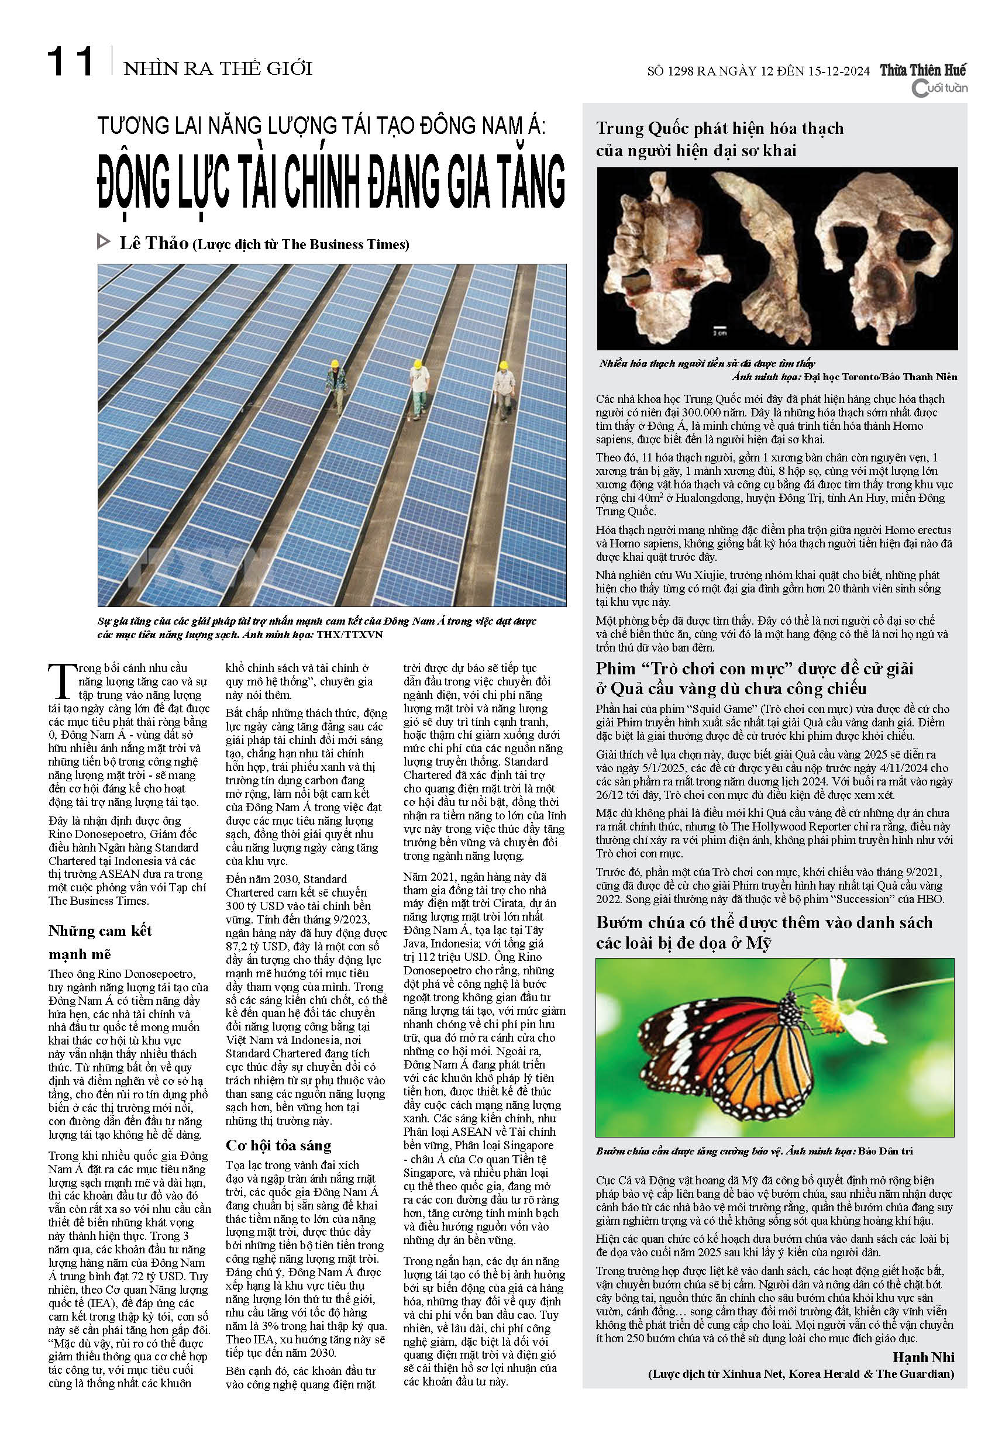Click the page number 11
(x=70, y=63)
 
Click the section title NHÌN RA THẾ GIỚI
(x=218, y=68)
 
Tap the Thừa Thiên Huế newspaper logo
(x=922, y=71)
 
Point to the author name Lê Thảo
(x=154, y=243)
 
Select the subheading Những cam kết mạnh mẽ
(x=100, y=942)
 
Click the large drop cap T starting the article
(x=60, y=680)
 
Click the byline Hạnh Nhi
(x=923, y=1357)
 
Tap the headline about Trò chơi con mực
(x=754, y=678)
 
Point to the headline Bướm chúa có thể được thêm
(x=763, y=932)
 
